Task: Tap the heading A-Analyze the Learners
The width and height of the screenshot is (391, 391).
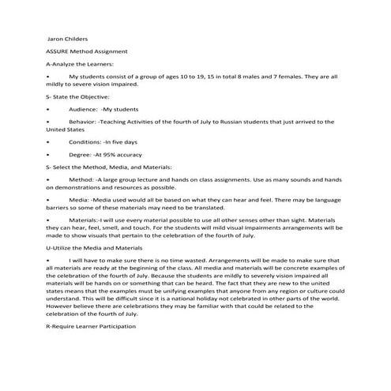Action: point(80,63)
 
